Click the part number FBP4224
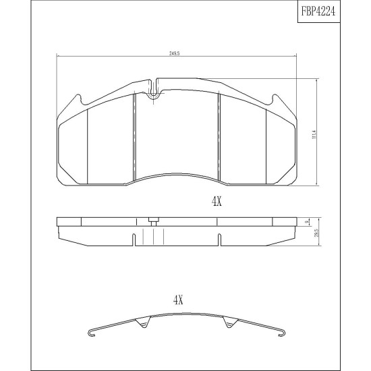coord(318,11)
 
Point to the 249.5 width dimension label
coord(175,53)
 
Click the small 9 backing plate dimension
coord(307,222)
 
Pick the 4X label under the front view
coord(217,202)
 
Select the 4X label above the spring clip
coord(178,300)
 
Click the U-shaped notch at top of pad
coord(154,90)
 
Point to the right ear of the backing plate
coord(276,100)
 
